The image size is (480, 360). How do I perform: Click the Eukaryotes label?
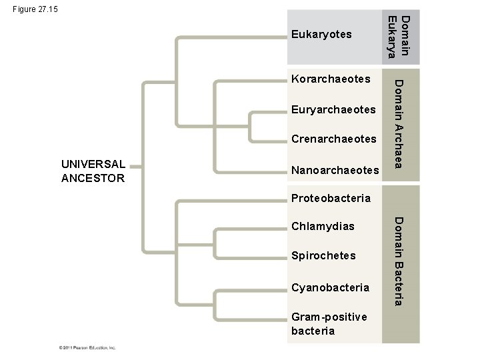click(x=321, y=34)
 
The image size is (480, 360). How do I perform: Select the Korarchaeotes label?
click(x=331, y=79)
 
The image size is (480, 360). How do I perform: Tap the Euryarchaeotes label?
click(x=334, y=109)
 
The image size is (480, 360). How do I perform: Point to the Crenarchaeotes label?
click(x=334, y=139)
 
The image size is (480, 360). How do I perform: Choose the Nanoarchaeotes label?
click(x=335, y=171)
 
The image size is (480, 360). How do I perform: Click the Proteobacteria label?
click(x=331, y=198)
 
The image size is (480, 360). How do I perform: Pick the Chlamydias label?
click(x=323, y=227)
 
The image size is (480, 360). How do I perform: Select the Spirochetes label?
click(x=323, y=256)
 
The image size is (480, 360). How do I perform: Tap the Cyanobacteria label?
click(x=330, y=288)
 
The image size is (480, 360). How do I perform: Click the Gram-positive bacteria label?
click(x=329, y=323)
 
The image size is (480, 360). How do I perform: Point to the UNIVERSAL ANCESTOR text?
click(x=93, y=171)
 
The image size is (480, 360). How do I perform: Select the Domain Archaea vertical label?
click(x=399, y=123)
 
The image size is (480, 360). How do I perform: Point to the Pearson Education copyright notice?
click(x=86, y=347)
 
